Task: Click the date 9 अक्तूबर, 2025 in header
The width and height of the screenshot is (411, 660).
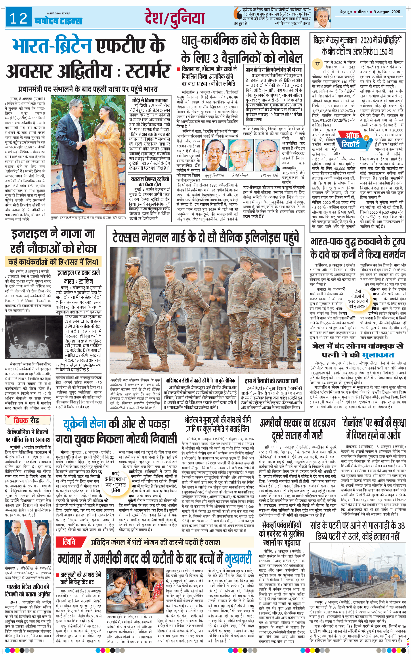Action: (387, 12)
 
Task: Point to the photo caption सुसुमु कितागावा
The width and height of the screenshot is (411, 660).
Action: (214, 175)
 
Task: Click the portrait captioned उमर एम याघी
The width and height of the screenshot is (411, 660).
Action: (267, 155)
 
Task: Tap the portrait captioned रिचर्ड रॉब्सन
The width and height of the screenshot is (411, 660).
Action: (241, 155)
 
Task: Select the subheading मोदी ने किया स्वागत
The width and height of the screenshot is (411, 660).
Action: (150, 100)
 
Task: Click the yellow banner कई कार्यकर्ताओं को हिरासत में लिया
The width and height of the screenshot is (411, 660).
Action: (53, 262)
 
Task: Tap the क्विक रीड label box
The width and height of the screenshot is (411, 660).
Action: (26, 420)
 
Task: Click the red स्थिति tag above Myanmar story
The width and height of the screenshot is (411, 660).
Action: (69, 542)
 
